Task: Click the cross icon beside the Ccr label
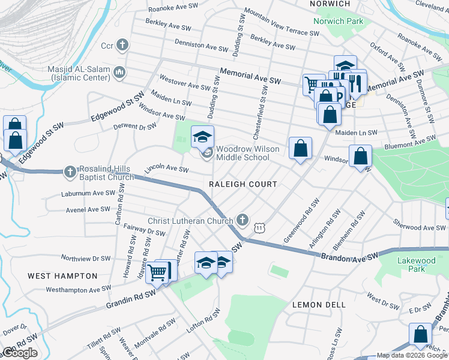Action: pyautogui.click(x=122, y=45)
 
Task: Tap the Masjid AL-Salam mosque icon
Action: pyautogui.click(x=119, y=73)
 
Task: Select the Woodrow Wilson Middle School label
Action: pyautogui.click(x=243, y=153)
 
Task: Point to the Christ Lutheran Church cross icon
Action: pyautogui.click(x=242, y=220)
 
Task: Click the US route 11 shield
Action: pyautogui.click(x=259, y=228)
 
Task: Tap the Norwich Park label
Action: pyautogui.click(x=338, y=22)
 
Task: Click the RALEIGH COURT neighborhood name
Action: pyautogui.click(x=243, y=184)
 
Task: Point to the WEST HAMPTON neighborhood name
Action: pyautogui.click(x=62, y=276)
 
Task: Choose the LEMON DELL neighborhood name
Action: pyautogui.click(x=319, y=305)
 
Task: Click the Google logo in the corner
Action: pyautogui.click(x=20, y=353)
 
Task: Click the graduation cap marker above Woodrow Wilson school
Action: pyautogui.click(x=202, y=137)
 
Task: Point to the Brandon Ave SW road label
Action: pyautogui.click(x=348, y=256)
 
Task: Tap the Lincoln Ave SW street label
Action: pyautogui.click(x=166, y=169)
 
